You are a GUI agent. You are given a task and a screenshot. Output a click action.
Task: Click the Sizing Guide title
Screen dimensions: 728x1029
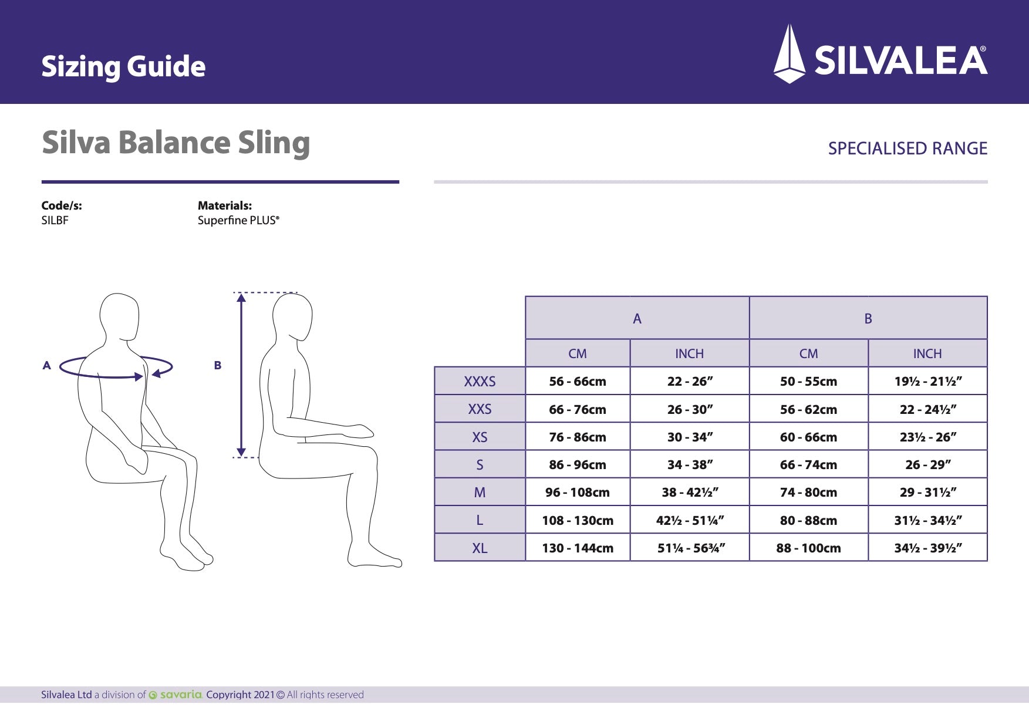click(123, 66)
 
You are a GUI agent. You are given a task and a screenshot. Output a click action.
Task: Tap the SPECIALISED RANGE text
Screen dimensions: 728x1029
click(907, 149)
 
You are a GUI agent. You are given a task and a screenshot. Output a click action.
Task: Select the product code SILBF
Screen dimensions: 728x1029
click(55, 221)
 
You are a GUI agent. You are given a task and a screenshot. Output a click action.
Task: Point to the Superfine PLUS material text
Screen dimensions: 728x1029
click(238, 221)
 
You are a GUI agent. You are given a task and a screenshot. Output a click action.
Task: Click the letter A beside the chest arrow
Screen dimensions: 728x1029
click(47, 365)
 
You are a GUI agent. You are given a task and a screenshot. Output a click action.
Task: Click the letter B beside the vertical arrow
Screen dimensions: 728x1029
click(218, 365)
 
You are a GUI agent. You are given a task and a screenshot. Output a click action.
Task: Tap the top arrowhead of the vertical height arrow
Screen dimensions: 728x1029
click(241, 298)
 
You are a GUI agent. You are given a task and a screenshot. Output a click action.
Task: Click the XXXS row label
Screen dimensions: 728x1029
click(480, 382)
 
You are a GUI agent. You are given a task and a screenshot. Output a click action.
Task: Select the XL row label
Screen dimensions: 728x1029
click(480, 548)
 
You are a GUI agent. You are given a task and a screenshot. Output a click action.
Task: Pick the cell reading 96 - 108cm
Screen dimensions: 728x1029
click(578, 493)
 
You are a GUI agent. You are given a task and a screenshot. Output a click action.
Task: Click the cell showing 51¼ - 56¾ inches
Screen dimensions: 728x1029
click(690, 548)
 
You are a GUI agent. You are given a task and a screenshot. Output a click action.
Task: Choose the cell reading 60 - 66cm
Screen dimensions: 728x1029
click(808, 437)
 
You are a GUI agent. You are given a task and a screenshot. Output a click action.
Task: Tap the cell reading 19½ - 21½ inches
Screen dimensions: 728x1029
click(927, 382)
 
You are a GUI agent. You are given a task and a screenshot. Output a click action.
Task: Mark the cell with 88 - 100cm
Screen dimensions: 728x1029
click(808, 548)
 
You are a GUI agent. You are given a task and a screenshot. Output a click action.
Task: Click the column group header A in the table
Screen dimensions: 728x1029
click(637, 319)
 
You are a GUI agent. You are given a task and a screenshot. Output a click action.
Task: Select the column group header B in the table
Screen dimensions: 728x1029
click(868, 319)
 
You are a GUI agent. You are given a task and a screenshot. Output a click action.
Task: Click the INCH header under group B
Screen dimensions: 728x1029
click(927, 354)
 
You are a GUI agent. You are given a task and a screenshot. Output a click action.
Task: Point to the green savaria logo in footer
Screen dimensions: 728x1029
click(176, 695)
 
